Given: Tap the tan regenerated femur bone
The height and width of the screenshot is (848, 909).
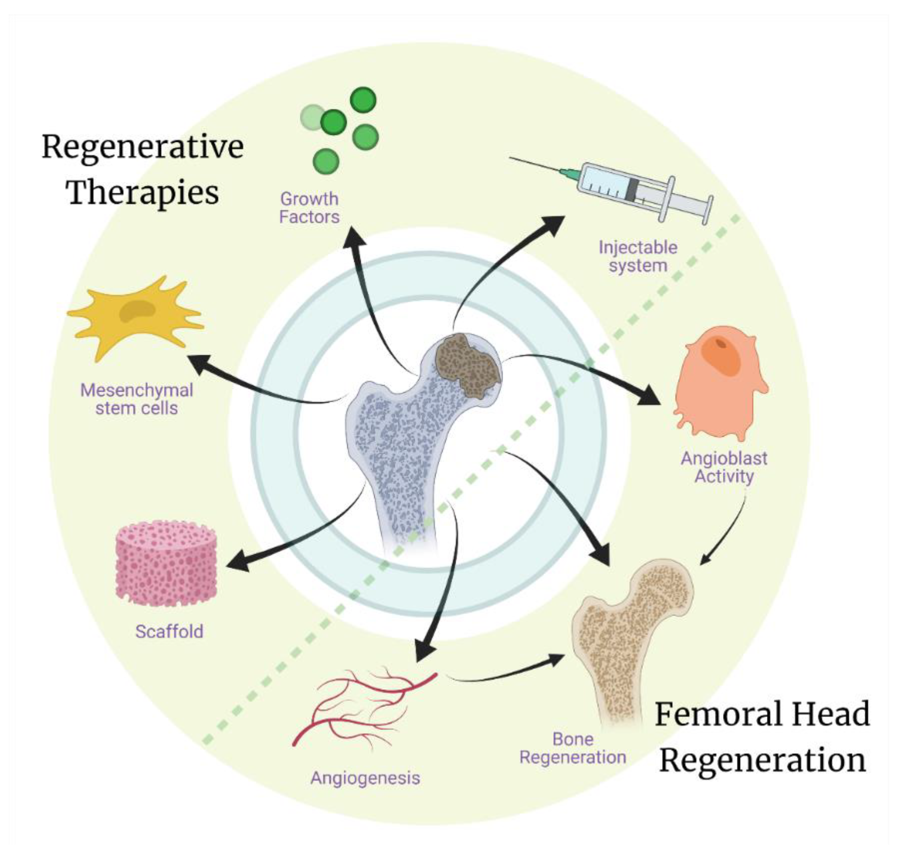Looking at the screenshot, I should (x=627, y=640).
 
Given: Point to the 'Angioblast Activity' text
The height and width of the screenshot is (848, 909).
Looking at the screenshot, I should (x=724, y=467).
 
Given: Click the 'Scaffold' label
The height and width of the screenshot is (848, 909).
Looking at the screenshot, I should (x=169, y=632).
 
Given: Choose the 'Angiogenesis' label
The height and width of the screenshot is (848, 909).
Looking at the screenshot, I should (x=365, y=778).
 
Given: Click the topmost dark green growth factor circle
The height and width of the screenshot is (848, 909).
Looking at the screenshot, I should (x=363, y=99).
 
